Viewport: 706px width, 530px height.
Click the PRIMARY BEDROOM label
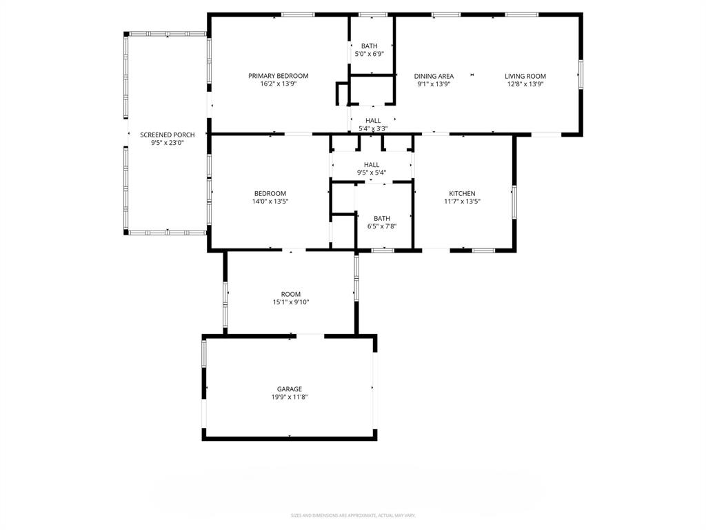[279, 76]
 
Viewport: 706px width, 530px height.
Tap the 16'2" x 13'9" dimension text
[279, 84]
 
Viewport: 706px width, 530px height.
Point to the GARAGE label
[290, 389]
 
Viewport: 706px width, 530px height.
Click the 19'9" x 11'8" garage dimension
[290, 397]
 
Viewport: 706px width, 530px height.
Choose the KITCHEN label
[462, 194]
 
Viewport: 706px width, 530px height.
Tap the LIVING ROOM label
[525, 76]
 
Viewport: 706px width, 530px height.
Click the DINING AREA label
[434, 76]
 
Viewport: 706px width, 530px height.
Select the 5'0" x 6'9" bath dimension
[370, 54]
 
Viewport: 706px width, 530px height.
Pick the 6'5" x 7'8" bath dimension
[382, 226]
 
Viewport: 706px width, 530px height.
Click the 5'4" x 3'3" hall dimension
[373, 128]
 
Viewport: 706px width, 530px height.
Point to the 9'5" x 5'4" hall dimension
[372, 173]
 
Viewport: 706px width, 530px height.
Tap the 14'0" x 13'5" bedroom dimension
[270, 202]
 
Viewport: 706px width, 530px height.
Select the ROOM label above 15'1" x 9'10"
[291, 294]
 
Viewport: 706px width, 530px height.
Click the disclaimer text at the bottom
[353, 516]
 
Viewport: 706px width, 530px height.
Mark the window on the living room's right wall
[581, 75]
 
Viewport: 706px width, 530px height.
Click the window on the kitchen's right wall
[514, 202]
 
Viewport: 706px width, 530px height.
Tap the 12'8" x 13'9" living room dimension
[525, 84]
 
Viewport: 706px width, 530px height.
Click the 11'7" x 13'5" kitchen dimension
[462, 202]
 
